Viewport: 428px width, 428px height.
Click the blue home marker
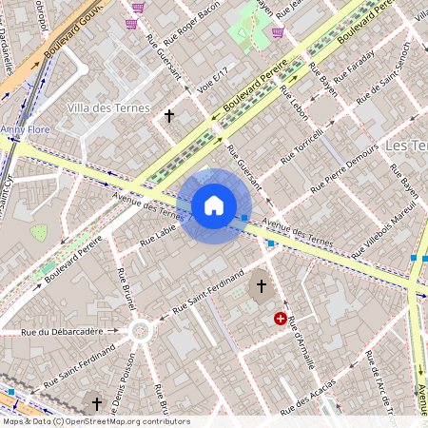(214, 205)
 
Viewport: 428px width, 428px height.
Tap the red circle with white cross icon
(281, 319)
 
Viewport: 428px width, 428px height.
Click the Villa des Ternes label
(108, 108)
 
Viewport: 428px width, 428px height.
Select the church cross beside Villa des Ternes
(170, 116)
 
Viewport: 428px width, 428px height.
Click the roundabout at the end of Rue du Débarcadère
(142, 331)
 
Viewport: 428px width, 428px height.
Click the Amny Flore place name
(26, 127)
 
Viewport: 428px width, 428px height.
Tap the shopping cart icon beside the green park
(278, 32)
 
